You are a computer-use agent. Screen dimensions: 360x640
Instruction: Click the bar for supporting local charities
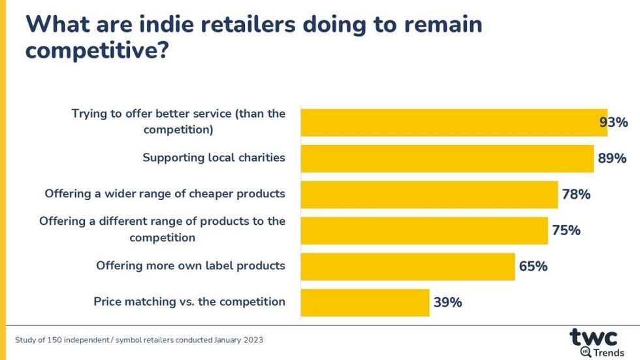click(x=447, y=158)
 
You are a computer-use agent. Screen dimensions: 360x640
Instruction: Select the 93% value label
click(x=614, y=122)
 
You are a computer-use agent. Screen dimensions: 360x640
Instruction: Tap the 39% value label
click(x=447, y=303)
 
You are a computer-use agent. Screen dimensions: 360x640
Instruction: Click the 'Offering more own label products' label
click(x=191, y=266)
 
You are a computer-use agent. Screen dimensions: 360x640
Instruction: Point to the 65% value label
click(x=533, y=267)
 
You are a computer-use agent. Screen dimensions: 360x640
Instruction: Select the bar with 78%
click(x=429, y=194)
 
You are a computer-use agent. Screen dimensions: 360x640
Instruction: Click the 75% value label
click(x=566, y=231)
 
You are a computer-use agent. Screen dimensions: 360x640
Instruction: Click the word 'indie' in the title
click(x=174, y=24)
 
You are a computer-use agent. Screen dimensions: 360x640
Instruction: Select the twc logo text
click(x=593, y=337)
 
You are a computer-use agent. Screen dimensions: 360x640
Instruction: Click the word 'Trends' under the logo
click(x=608, y=353)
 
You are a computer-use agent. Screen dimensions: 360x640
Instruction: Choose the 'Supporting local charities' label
click(x=214, y=158)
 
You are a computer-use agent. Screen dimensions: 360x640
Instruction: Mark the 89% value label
click(x=611, y=158)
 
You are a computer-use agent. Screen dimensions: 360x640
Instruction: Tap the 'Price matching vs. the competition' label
click(x=189, y=302)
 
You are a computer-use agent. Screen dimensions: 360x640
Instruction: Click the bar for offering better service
click(x=453, y=122)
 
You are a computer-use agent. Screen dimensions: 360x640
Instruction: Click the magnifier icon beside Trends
click(x=586, y=352)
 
